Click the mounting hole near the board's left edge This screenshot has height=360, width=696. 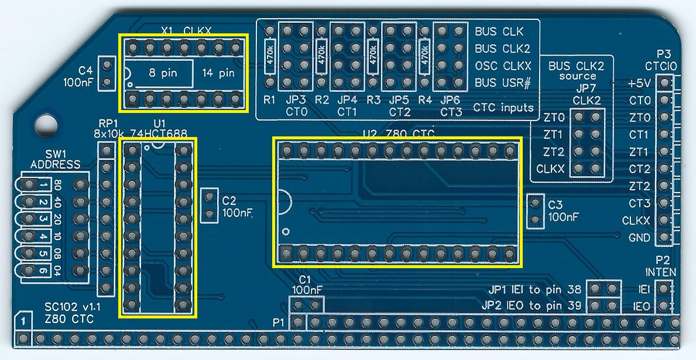(46, 124)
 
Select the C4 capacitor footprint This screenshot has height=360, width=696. (106, 73)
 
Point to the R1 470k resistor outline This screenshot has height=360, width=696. (270, 56)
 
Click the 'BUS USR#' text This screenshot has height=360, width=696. (502, 83)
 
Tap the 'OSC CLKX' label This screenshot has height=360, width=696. (502, 66)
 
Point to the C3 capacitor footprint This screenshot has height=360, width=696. (534, 212)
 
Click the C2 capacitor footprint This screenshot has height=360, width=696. (208, 205)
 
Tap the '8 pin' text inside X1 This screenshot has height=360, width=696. (159, 74)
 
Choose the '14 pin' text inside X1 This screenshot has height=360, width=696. (218, 74)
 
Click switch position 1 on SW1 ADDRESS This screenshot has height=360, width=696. (43, 186)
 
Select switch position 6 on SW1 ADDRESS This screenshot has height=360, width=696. (43, 271)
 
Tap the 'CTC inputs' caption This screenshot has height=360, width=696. (503, 108)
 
